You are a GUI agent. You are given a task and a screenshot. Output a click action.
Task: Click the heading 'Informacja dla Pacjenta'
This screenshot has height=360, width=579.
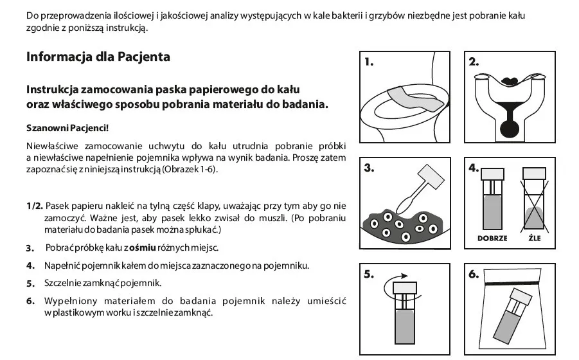98,57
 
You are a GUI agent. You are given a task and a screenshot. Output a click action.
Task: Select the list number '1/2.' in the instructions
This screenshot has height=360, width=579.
35,206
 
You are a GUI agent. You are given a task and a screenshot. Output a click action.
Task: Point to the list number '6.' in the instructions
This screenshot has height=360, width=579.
30,300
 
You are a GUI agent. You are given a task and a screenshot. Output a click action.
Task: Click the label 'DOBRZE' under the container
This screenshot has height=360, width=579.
492,238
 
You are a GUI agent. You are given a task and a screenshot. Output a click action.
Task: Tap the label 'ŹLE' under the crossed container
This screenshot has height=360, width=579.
534,238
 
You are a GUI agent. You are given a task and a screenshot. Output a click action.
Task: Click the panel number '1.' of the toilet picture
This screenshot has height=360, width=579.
369,63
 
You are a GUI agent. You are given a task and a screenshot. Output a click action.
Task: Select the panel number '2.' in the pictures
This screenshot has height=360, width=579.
474,62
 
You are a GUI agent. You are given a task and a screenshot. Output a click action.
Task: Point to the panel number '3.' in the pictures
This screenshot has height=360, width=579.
369,168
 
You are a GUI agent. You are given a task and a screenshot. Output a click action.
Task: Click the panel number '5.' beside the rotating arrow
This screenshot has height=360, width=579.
369,274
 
